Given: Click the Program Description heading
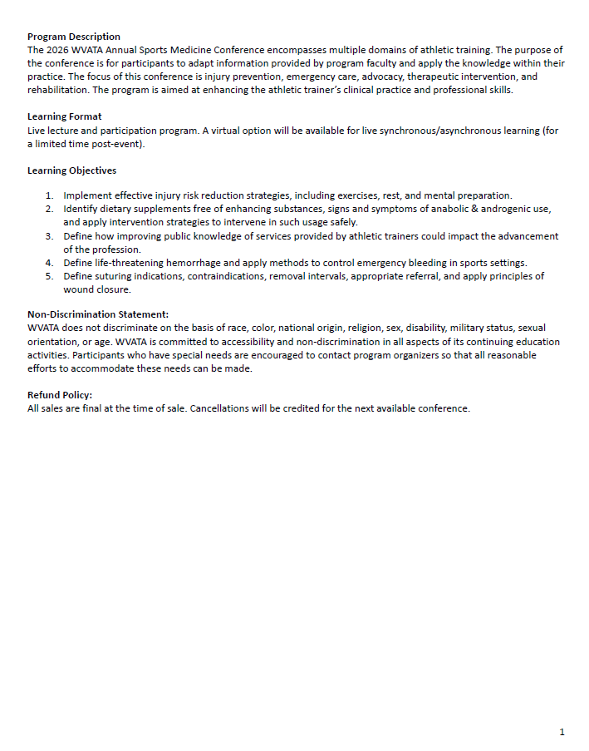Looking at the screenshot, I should point(73,37).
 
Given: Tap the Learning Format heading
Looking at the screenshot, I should point(65,116).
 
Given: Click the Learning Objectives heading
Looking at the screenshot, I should point(71,170).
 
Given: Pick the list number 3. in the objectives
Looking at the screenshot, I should point(50,236).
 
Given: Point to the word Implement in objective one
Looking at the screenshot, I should point(89,196).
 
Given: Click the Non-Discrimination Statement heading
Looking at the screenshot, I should point(98,314).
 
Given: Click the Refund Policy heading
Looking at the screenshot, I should point(60,395).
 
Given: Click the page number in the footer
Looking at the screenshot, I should point(562,732).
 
